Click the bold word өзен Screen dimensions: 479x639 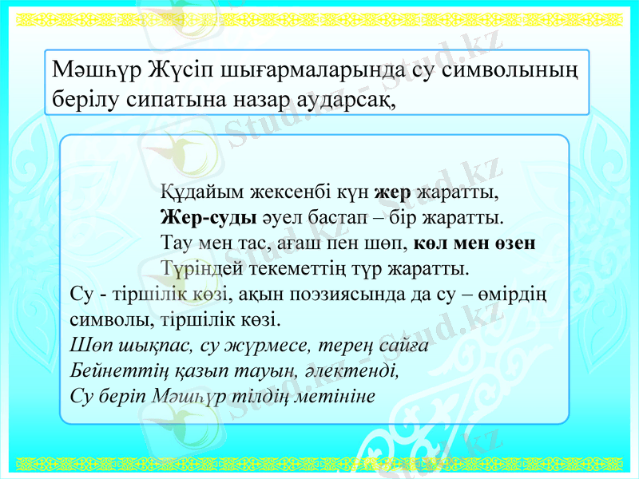514,243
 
